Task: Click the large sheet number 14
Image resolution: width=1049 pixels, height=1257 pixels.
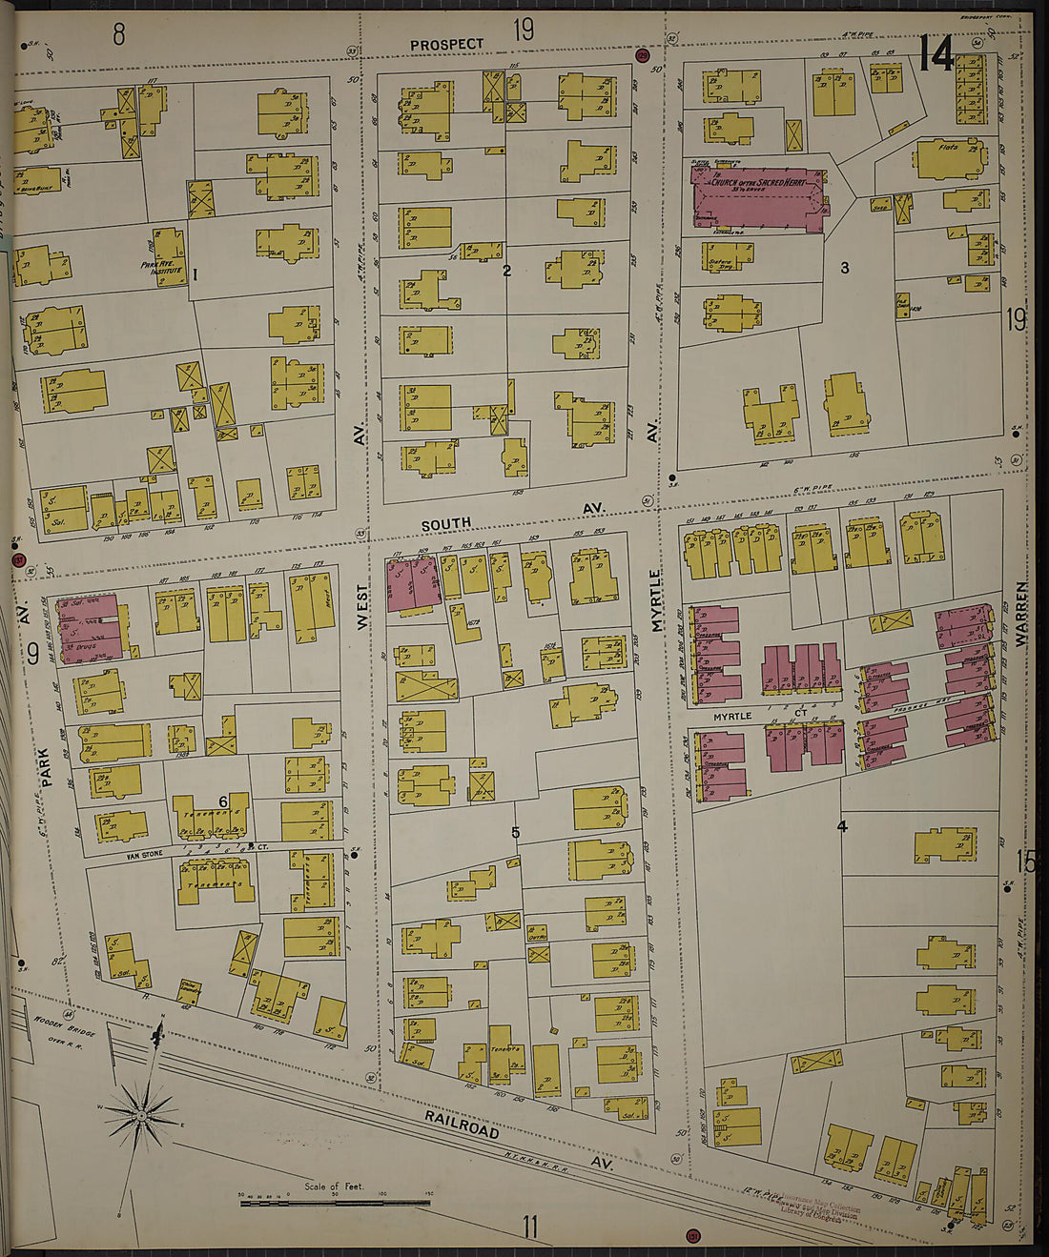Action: pos(936,54)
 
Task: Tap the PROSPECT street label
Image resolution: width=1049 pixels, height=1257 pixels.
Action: pos(447,44)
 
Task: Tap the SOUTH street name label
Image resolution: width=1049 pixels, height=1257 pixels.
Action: pos(446,524)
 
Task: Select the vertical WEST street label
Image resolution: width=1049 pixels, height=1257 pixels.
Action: pos(361,606)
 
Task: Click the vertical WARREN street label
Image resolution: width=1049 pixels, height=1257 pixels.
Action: pos(1021,615)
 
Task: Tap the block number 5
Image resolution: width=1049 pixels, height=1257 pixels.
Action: pos(515,833)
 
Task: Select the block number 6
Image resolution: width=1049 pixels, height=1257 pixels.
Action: pos(223,801)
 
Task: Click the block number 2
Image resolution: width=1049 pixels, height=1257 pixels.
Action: pos(506,271)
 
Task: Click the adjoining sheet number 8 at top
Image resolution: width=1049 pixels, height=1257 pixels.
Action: pos(118,35)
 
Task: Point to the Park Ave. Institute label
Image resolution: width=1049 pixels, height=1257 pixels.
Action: pos(161,269)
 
